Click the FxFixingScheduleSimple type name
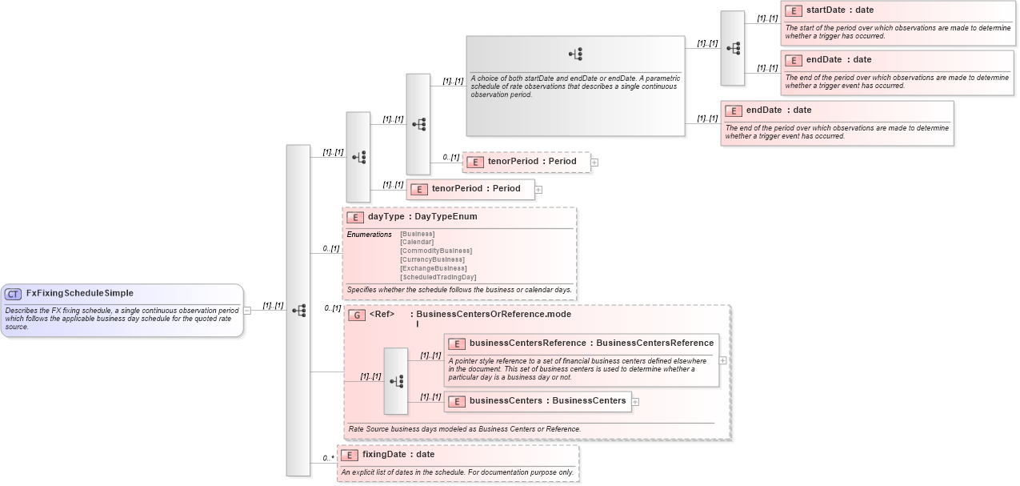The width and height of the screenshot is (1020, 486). pyautogui.click(x=79, y=293)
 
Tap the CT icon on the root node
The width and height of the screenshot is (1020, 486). pyautogui.click(x=14, y=294)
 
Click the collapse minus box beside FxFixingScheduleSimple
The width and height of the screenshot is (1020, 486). pyautogui.click(x=247, y=311)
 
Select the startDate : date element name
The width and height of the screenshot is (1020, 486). pyautogui.click(x=839, y=10)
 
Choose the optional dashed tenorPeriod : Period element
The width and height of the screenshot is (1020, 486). pyautogui.click(x=531, y=162)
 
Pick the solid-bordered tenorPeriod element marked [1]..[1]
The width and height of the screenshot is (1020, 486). pyautogui.click(x=475, y=189)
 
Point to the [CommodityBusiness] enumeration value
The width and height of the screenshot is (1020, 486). pyautogui.click(x=436, y=251)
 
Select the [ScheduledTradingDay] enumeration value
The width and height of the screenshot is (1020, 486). pyautogui.click(x=438, y=277)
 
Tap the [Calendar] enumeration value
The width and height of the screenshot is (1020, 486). pyautogui.click(x=417, y=242)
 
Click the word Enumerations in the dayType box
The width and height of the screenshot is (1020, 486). pyautogui.click(x=369, y=235)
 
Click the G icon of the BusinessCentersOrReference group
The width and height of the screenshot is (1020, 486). pyautogui.click(x=357, y=315)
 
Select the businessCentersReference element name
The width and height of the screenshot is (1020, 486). pyautogui.click(x=527, y=343)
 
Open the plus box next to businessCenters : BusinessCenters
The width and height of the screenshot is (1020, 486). pyautogui.click(x=636, y=402)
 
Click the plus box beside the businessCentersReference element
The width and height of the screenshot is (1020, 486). pyautogui.click(x=723, y=360)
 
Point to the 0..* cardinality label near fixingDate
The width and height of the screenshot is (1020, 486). pyautogui.click(x=328, y=458)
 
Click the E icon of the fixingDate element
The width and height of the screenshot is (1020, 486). pyautogui.click(x=350, y=455)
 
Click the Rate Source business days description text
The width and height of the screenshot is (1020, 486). pyautogui.click(x=464, y=429)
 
